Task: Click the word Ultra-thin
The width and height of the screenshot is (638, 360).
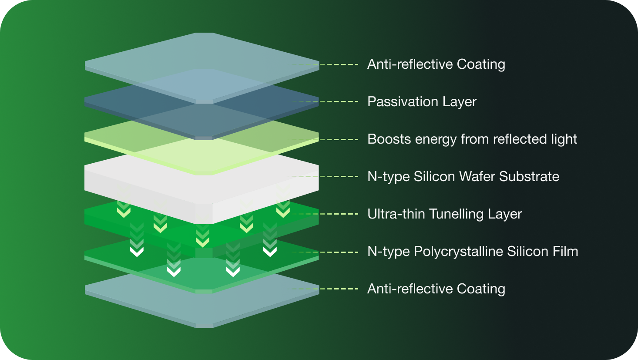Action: (x=396, y=214)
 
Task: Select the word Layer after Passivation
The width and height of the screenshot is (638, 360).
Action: (x=460, y=102)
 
